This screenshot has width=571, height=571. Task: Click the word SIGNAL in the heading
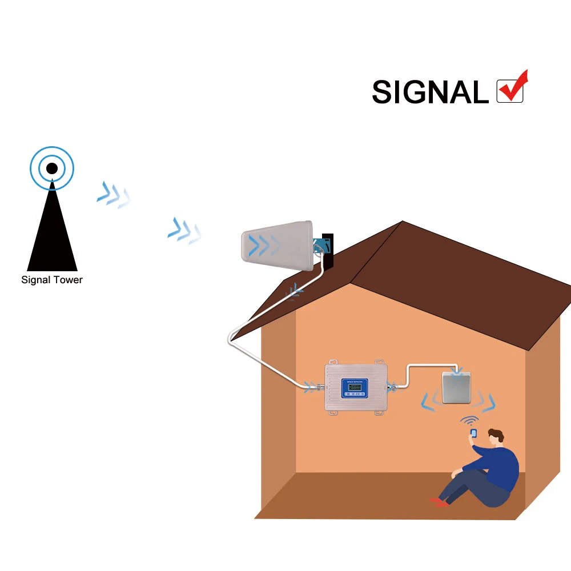point(429,91)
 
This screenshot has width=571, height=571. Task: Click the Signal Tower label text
point(52,280)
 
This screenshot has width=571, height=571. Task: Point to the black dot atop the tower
point(51,168)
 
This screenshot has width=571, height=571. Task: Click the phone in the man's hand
point(473,434)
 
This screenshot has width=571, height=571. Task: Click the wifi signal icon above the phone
point(470,421)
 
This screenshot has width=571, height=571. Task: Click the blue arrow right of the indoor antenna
point(489,403)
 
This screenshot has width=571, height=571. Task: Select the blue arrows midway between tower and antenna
point(184,230)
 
